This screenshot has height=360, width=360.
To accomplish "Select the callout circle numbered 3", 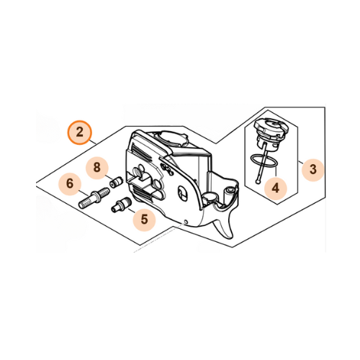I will point(312,169).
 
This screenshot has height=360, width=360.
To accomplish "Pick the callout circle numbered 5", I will point(144,217).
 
